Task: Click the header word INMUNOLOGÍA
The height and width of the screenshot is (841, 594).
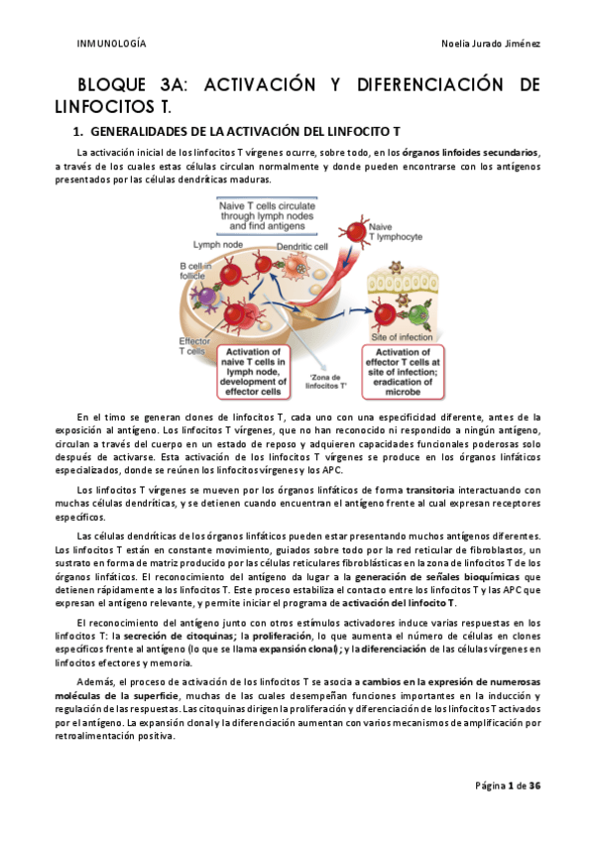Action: click(x=111, y=45)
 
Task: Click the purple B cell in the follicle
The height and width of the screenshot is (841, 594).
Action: click(x=207, y=296)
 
